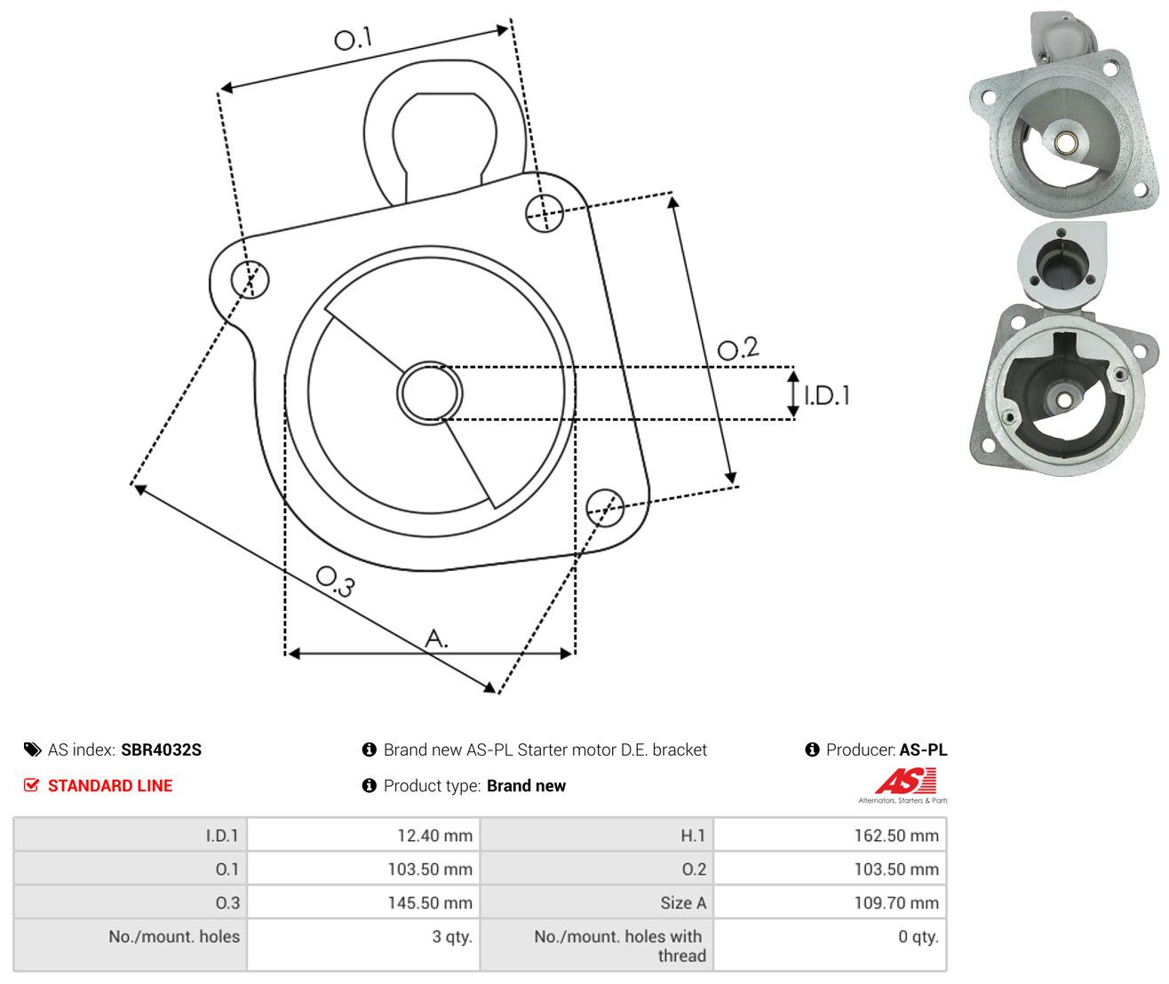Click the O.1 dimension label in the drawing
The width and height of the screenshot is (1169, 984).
353,38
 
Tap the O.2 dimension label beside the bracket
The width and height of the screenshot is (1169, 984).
738,348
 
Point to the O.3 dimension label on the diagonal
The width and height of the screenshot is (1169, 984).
335,582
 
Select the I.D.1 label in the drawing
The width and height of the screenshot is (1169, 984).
827,396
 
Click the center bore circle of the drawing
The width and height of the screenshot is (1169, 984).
429,393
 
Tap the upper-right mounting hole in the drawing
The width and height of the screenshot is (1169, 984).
545,213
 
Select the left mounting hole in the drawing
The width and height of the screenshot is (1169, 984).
250,279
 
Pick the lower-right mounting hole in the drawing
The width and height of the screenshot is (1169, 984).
605,508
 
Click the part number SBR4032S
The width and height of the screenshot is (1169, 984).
162,750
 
